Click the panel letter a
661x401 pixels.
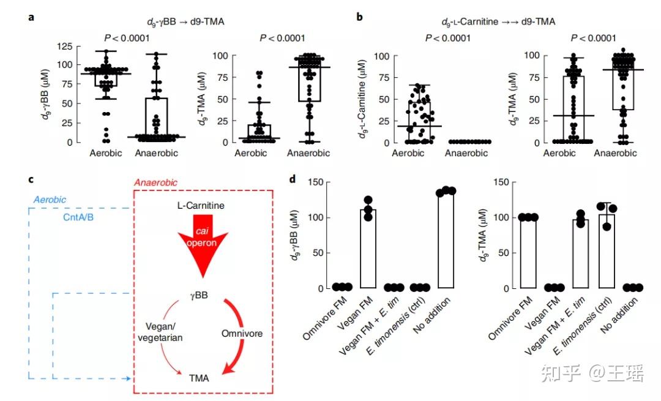click(31, 18)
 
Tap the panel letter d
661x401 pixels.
click(293, 179)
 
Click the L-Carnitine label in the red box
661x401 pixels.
click(201, 206)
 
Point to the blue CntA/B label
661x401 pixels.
click(78, 217)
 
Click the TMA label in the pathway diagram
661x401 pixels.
click(199, 378)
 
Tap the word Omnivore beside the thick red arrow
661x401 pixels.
click(242, 334)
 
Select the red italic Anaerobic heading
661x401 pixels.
click(155, 182)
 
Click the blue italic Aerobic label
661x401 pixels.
click(50, 200)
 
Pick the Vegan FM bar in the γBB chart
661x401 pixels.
click(368, 249)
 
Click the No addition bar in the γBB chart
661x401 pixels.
click(446, 240)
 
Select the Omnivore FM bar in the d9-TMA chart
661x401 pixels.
click(528, 253)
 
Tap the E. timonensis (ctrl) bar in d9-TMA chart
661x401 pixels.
click(607, 251)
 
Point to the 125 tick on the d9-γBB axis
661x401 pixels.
click(64, 46)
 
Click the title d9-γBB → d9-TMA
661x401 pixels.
click(185, 22)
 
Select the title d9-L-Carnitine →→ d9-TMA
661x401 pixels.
click(498, 22)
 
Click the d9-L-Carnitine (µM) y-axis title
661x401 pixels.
click(362, 99)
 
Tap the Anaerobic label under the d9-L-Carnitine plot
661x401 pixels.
click(466, 153)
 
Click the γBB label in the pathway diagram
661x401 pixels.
click(199, 294)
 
